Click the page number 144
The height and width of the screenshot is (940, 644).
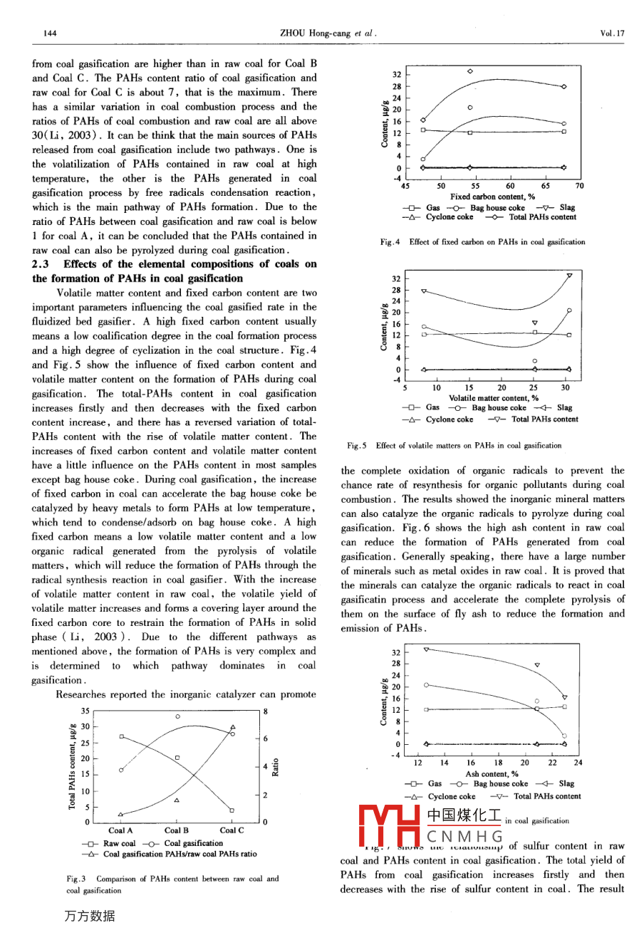point(50,33)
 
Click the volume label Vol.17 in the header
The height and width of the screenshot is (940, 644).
point(612,33)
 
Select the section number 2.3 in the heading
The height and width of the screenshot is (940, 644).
point(41,264)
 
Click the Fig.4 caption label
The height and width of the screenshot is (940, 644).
point(389,242)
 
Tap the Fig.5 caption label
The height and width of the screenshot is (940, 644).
point(357,446)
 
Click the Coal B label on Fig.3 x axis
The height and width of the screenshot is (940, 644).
point(177,830)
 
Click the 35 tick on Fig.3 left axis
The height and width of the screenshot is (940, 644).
point(85,711)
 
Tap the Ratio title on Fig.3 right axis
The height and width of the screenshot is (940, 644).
point(276,767)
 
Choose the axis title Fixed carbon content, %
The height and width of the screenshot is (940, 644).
point(492,197)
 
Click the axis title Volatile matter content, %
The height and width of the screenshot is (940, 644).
point(493,398)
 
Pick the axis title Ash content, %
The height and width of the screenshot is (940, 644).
point(492,774)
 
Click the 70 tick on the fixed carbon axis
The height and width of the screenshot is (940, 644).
point(579,186)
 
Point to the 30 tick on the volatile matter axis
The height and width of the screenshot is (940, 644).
point(565,388)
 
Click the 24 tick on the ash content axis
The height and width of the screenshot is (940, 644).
point(578,763)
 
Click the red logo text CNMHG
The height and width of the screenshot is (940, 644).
point(464,836)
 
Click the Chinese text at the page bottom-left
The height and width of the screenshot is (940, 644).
point(90,916)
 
